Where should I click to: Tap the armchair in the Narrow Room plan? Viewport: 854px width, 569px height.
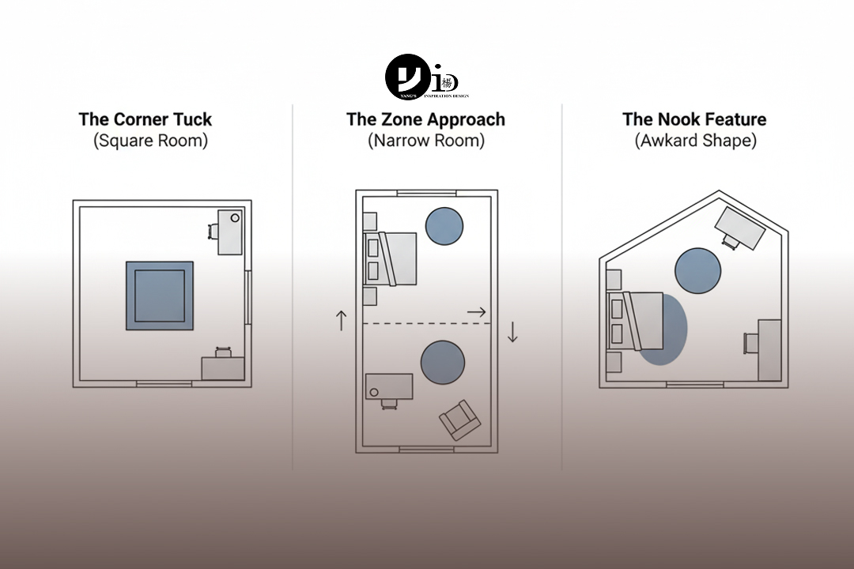pyautogui.click(x=459, y=420)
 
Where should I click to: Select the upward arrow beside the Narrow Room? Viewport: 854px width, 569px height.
pyautogui.click(x=342, y=320)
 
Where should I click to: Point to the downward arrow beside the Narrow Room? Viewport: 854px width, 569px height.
pyautogui.click(x=512, y=331)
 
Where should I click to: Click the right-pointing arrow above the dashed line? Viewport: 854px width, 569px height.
pyautogui.click(x=476, y=312)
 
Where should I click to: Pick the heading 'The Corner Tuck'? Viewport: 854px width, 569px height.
pyautogui.click(x=145, y=119)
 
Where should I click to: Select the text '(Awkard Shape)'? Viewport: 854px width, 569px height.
pyautogui.click(x=694, y=141)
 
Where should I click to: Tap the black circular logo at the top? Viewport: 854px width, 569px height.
pyautogui.click(x=408, y=77)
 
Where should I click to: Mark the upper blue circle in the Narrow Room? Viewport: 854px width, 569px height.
pyautogui.click(x=444, y=226)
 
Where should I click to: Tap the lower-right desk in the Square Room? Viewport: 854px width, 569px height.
pyautogui.click(x=222, y=368)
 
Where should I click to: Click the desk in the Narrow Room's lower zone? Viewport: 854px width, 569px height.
pyautogui.click(x=389, y=386)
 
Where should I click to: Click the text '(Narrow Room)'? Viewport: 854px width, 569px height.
pyautogui.click(x=425, y=141)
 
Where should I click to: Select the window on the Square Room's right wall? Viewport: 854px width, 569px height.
pyautogui.click(x=248, y=297)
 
